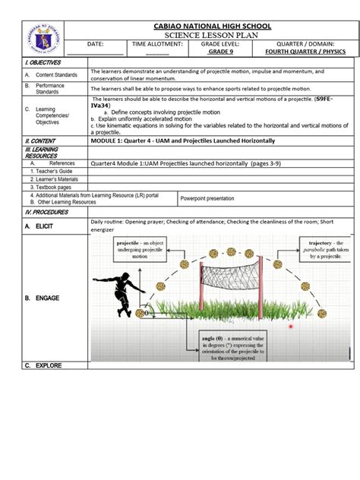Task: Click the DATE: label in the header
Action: point(95,45)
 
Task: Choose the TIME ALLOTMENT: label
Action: point(158,45)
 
